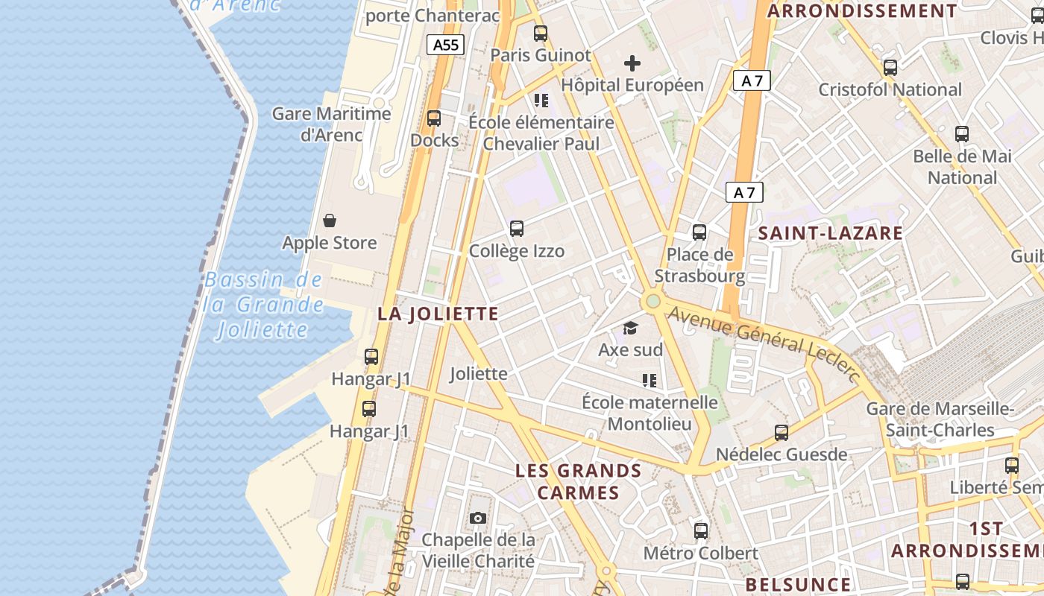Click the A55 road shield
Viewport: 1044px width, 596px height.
pyautogui.click(x=446, y=45)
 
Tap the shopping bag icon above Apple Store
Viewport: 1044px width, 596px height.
pyautogui.click(x=330, y=221)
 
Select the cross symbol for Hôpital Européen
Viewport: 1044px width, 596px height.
pyautogui.click(x=632, y=63)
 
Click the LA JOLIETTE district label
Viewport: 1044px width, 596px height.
pyautogui.click(x=438, y=314)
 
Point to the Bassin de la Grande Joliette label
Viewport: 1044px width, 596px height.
pyautogui.click(x=263, y=305)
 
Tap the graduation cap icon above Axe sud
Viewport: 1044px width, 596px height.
pyautogui.click(x=631, y=328)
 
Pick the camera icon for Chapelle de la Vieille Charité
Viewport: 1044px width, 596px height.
pyautogui.click(x=478, y=518)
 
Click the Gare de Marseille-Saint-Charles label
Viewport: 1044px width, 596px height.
pyautogui.click(x=940, y=419)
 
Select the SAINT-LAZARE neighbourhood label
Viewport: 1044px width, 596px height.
pyautogui.click(x=830, y=233)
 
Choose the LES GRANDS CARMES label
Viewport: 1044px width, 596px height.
pyautogui.click(x=579, y=481)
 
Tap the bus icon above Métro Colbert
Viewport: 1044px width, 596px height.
pyautogui.click(x=701, y=531)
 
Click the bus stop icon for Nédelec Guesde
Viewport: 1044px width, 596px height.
pyautogui.click(x=782, y=432)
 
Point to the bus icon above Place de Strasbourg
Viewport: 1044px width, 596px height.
pyautogui.click(x=699, y=232)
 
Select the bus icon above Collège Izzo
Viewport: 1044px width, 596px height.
pyautogui.click(x=517, y=229)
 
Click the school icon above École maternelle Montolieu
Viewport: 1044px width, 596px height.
pyautogui.click(x=650, y=381)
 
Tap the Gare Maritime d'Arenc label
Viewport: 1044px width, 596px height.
pyautogui.click(x=331, y=124)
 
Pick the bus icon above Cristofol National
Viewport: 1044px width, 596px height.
pyautogui.click(x=890, y=68)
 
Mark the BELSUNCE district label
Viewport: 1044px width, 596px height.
pyautogui.click(x=798, y=584)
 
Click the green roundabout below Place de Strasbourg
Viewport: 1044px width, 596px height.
pyautogui.click(x=653, y=301)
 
